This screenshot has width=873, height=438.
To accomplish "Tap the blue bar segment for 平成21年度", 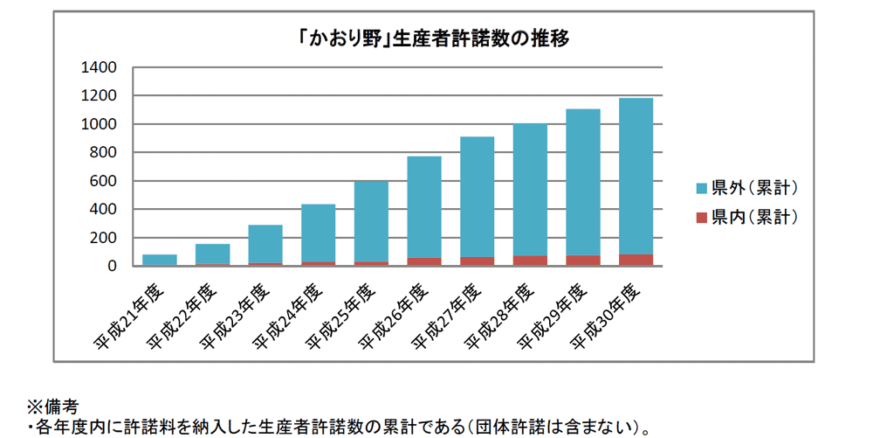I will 160,259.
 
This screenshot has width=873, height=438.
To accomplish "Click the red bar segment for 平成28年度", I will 530,261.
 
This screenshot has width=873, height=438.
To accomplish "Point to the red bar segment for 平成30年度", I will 636,260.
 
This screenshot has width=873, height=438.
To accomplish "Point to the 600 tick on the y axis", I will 103,182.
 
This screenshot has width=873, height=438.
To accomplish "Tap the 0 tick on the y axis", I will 112,267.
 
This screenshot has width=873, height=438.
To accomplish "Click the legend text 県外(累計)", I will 755,188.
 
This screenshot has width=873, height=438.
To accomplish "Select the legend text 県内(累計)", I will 755,216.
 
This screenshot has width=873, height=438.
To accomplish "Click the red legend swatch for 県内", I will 701,216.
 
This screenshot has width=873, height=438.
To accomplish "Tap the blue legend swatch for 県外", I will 701,188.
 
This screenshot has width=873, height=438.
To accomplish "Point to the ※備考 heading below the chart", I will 53,407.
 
